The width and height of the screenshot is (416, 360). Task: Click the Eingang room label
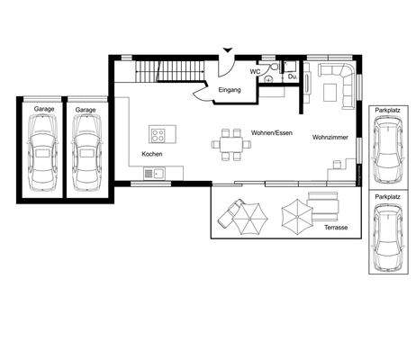(230, 90)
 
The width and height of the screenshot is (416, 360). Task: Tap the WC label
(255, 72)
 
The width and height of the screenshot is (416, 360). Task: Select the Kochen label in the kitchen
(152, 154)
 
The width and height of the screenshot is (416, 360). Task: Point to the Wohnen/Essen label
(272, 132)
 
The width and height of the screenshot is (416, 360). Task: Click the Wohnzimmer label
(330, 138)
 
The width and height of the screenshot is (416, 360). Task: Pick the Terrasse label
(336, 228)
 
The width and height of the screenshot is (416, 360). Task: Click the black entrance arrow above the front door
(228, 50)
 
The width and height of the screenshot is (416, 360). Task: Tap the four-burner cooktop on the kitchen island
(158, 135)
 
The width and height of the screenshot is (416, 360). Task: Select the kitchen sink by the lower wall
(154, 174)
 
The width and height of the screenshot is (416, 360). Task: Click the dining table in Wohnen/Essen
(231, 145)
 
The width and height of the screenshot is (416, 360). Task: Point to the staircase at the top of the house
(170, 71)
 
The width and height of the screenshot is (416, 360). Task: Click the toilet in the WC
(273, 67)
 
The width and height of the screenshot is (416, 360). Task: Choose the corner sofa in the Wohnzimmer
(338, 84)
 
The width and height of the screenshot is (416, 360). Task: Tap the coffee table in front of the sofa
(330, 92)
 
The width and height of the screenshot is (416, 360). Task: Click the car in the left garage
(42, 153)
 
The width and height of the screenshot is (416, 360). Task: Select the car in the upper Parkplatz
(388, 150)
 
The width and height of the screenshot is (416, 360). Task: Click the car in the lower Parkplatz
(388, 237)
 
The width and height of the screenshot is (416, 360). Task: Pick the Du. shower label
(292, 76)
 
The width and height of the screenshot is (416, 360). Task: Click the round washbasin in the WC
(268, 79)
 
